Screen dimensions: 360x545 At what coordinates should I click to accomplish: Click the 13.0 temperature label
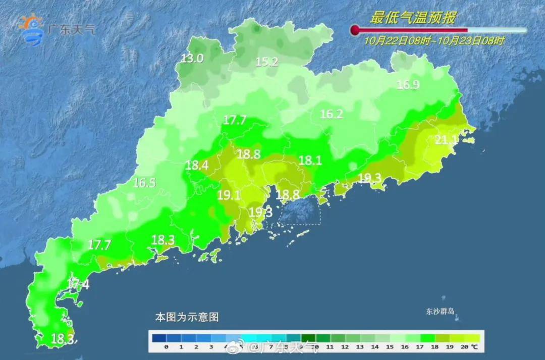pyautogui.click(x=192, y=59)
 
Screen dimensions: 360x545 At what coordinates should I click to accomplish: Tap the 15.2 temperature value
pyautogui.click(x=267, y=62)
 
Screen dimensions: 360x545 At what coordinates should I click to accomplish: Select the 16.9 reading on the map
pyautogui.click(x=408, y=85)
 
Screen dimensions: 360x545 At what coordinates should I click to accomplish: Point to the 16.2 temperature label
pyautogui.click(x=332, y=115)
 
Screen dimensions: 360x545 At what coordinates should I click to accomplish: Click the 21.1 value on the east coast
pyautogui.click(x=446, y=140)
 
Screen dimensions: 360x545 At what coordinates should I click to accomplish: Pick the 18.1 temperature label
pyautogui.click(x=310, y=161)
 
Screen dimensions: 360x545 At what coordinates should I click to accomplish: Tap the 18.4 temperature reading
pyautogui.click(x=197, y=165)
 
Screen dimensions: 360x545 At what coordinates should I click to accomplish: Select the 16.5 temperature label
pyautogui.click(x=144, y=183)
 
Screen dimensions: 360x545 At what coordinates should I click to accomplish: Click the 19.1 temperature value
pyautogui.click(x=229, y=195)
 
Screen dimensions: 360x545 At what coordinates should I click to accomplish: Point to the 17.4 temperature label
pyautogui.click(x=78, y=284)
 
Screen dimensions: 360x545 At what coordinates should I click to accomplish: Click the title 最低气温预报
pyautogui.click(x=413, y=19)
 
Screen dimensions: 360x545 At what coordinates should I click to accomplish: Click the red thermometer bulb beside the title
pyautogui.click(x=355, y=30)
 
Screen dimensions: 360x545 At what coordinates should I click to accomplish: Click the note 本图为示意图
pyautogui.click(x=187, y=318)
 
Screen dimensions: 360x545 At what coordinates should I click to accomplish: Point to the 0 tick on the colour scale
pyautogui.click(x=166, y=347)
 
